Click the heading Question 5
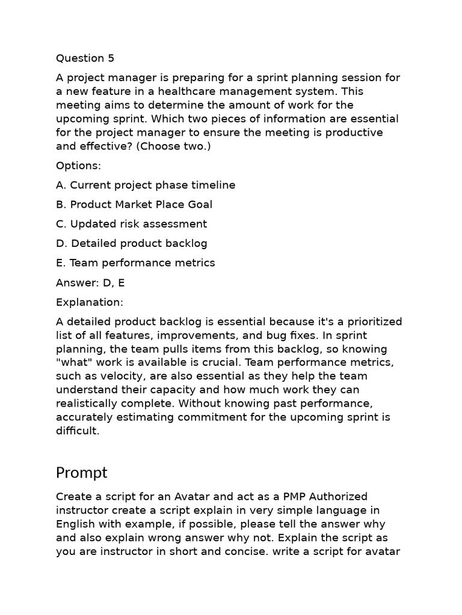tap(85, 58)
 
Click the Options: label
tap(79, 165)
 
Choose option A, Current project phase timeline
tap(146, 185)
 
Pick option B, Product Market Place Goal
tap(134, 204)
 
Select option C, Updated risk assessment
tap(131, 224)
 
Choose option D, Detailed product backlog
tap(131, 243)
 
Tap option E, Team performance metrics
tap(135, 262)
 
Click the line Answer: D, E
tap(91, 282)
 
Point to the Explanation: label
tap(89, 301)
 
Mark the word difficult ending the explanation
tap(76, 431)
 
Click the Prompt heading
tap(82, 473)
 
